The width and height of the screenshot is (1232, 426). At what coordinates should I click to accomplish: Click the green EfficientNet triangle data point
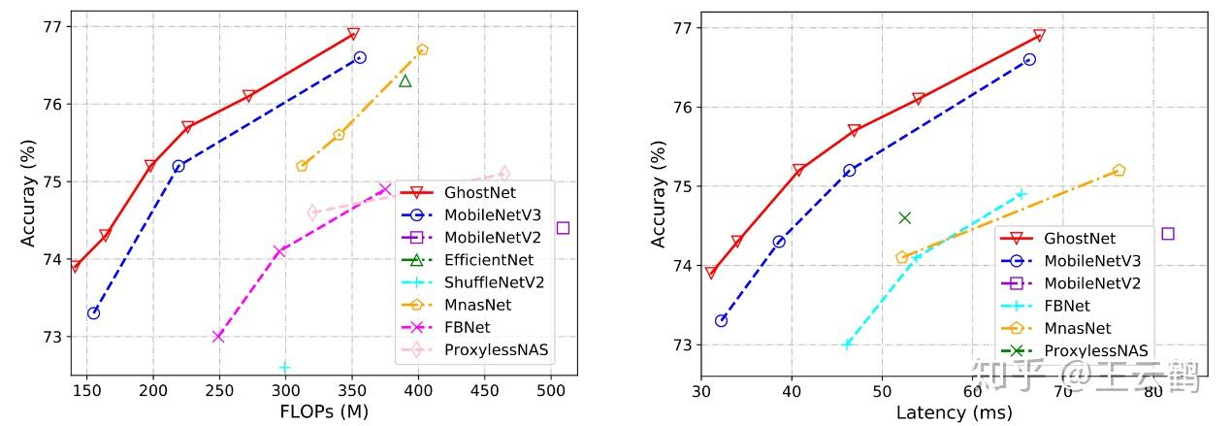click(x=405, y=81)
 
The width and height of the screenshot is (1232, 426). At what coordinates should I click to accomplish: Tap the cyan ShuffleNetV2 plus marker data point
click(x=284, y=367)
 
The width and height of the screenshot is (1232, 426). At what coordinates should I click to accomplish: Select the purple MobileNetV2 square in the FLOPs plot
click(x=563, y=228)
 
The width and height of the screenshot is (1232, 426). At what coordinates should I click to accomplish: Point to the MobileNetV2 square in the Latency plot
click(x=1168, y=233)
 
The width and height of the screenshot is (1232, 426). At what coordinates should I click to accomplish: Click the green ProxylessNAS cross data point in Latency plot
click(x=904, y=217)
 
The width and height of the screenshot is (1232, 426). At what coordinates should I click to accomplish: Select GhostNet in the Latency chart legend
click(x=1080, y=238)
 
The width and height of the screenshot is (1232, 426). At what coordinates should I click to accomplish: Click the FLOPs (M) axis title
click(x=324, y=410)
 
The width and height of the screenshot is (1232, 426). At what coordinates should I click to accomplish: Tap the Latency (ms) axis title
click(x=954, y=412)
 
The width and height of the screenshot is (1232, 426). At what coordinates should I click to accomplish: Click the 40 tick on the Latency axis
click(x=792, y=392)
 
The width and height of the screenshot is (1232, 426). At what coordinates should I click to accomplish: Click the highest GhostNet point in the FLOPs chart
click(x=353, y=34)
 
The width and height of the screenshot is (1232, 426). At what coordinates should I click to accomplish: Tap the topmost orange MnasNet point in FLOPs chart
click(x=422, y=49)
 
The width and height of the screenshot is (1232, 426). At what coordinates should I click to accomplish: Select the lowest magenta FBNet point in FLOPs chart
click(x=218, y=337)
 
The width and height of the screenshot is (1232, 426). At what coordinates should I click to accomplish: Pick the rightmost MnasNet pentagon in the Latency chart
click(x=1119, y=170)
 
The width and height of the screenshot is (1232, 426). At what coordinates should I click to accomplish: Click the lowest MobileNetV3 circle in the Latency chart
click(x=721, y=320)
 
